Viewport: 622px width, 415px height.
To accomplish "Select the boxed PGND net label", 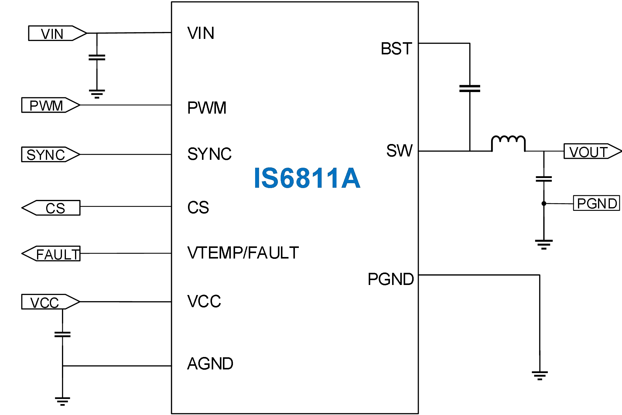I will (596, 203).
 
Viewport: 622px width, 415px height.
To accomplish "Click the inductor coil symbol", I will (508, 143).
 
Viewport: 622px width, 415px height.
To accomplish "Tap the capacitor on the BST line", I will (470, 89).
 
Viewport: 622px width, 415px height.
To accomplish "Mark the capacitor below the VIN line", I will (97, 58).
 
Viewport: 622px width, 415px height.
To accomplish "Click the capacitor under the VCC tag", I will (63, 334).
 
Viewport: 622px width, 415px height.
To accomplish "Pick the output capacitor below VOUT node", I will (544, 179).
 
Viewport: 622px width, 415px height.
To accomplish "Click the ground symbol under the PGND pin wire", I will (540, 376).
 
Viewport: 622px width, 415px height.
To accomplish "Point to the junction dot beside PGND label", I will (544, 204).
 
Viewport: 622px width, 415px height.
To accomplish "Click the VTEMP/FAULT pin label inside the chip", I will (243, 253).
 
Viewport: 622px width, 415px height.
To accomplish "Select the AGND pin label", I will (210, 364).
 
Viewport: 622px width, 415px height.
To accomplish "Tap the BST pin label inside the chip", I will (396, 49).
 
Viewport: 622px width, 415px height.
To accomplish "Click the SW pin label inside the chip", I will (399, 151).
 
